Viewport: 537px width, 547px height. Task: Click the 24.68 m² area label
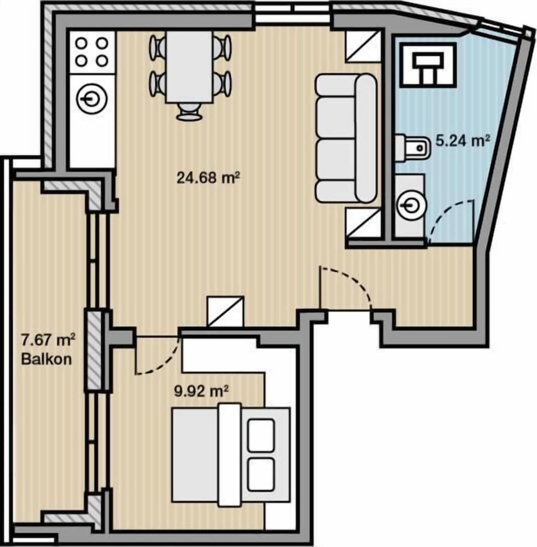[x=208, y=178]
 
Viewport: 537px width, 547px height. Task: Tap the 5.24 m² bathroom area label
[x=463, y=141]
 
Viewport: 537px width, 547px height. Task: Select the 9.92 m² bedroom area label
[x=201, y=392]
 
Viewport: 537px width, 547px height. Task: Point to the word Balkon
[x=46, y=359]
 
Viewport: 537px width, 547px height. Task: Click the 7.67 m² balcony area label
[x=48, y=340]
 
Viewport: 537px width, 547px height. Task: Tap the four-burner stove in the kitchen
[x=92, y=53]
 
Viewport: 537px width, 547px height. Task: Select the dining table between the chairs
[x=189, y=67]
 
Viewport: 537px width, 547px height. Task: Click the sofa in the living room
[x=346, y=138]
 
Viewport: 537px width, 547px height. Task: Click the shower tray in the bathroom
[x=428, y=65]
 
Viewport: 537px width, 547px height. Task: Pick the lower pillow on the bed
[x=261, y=475]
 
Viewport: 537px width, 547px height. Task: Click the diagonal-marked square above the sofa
[x=363, y=46]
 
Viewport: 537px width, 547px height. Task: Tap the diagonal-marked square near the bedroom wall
[x=226, y=312]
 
